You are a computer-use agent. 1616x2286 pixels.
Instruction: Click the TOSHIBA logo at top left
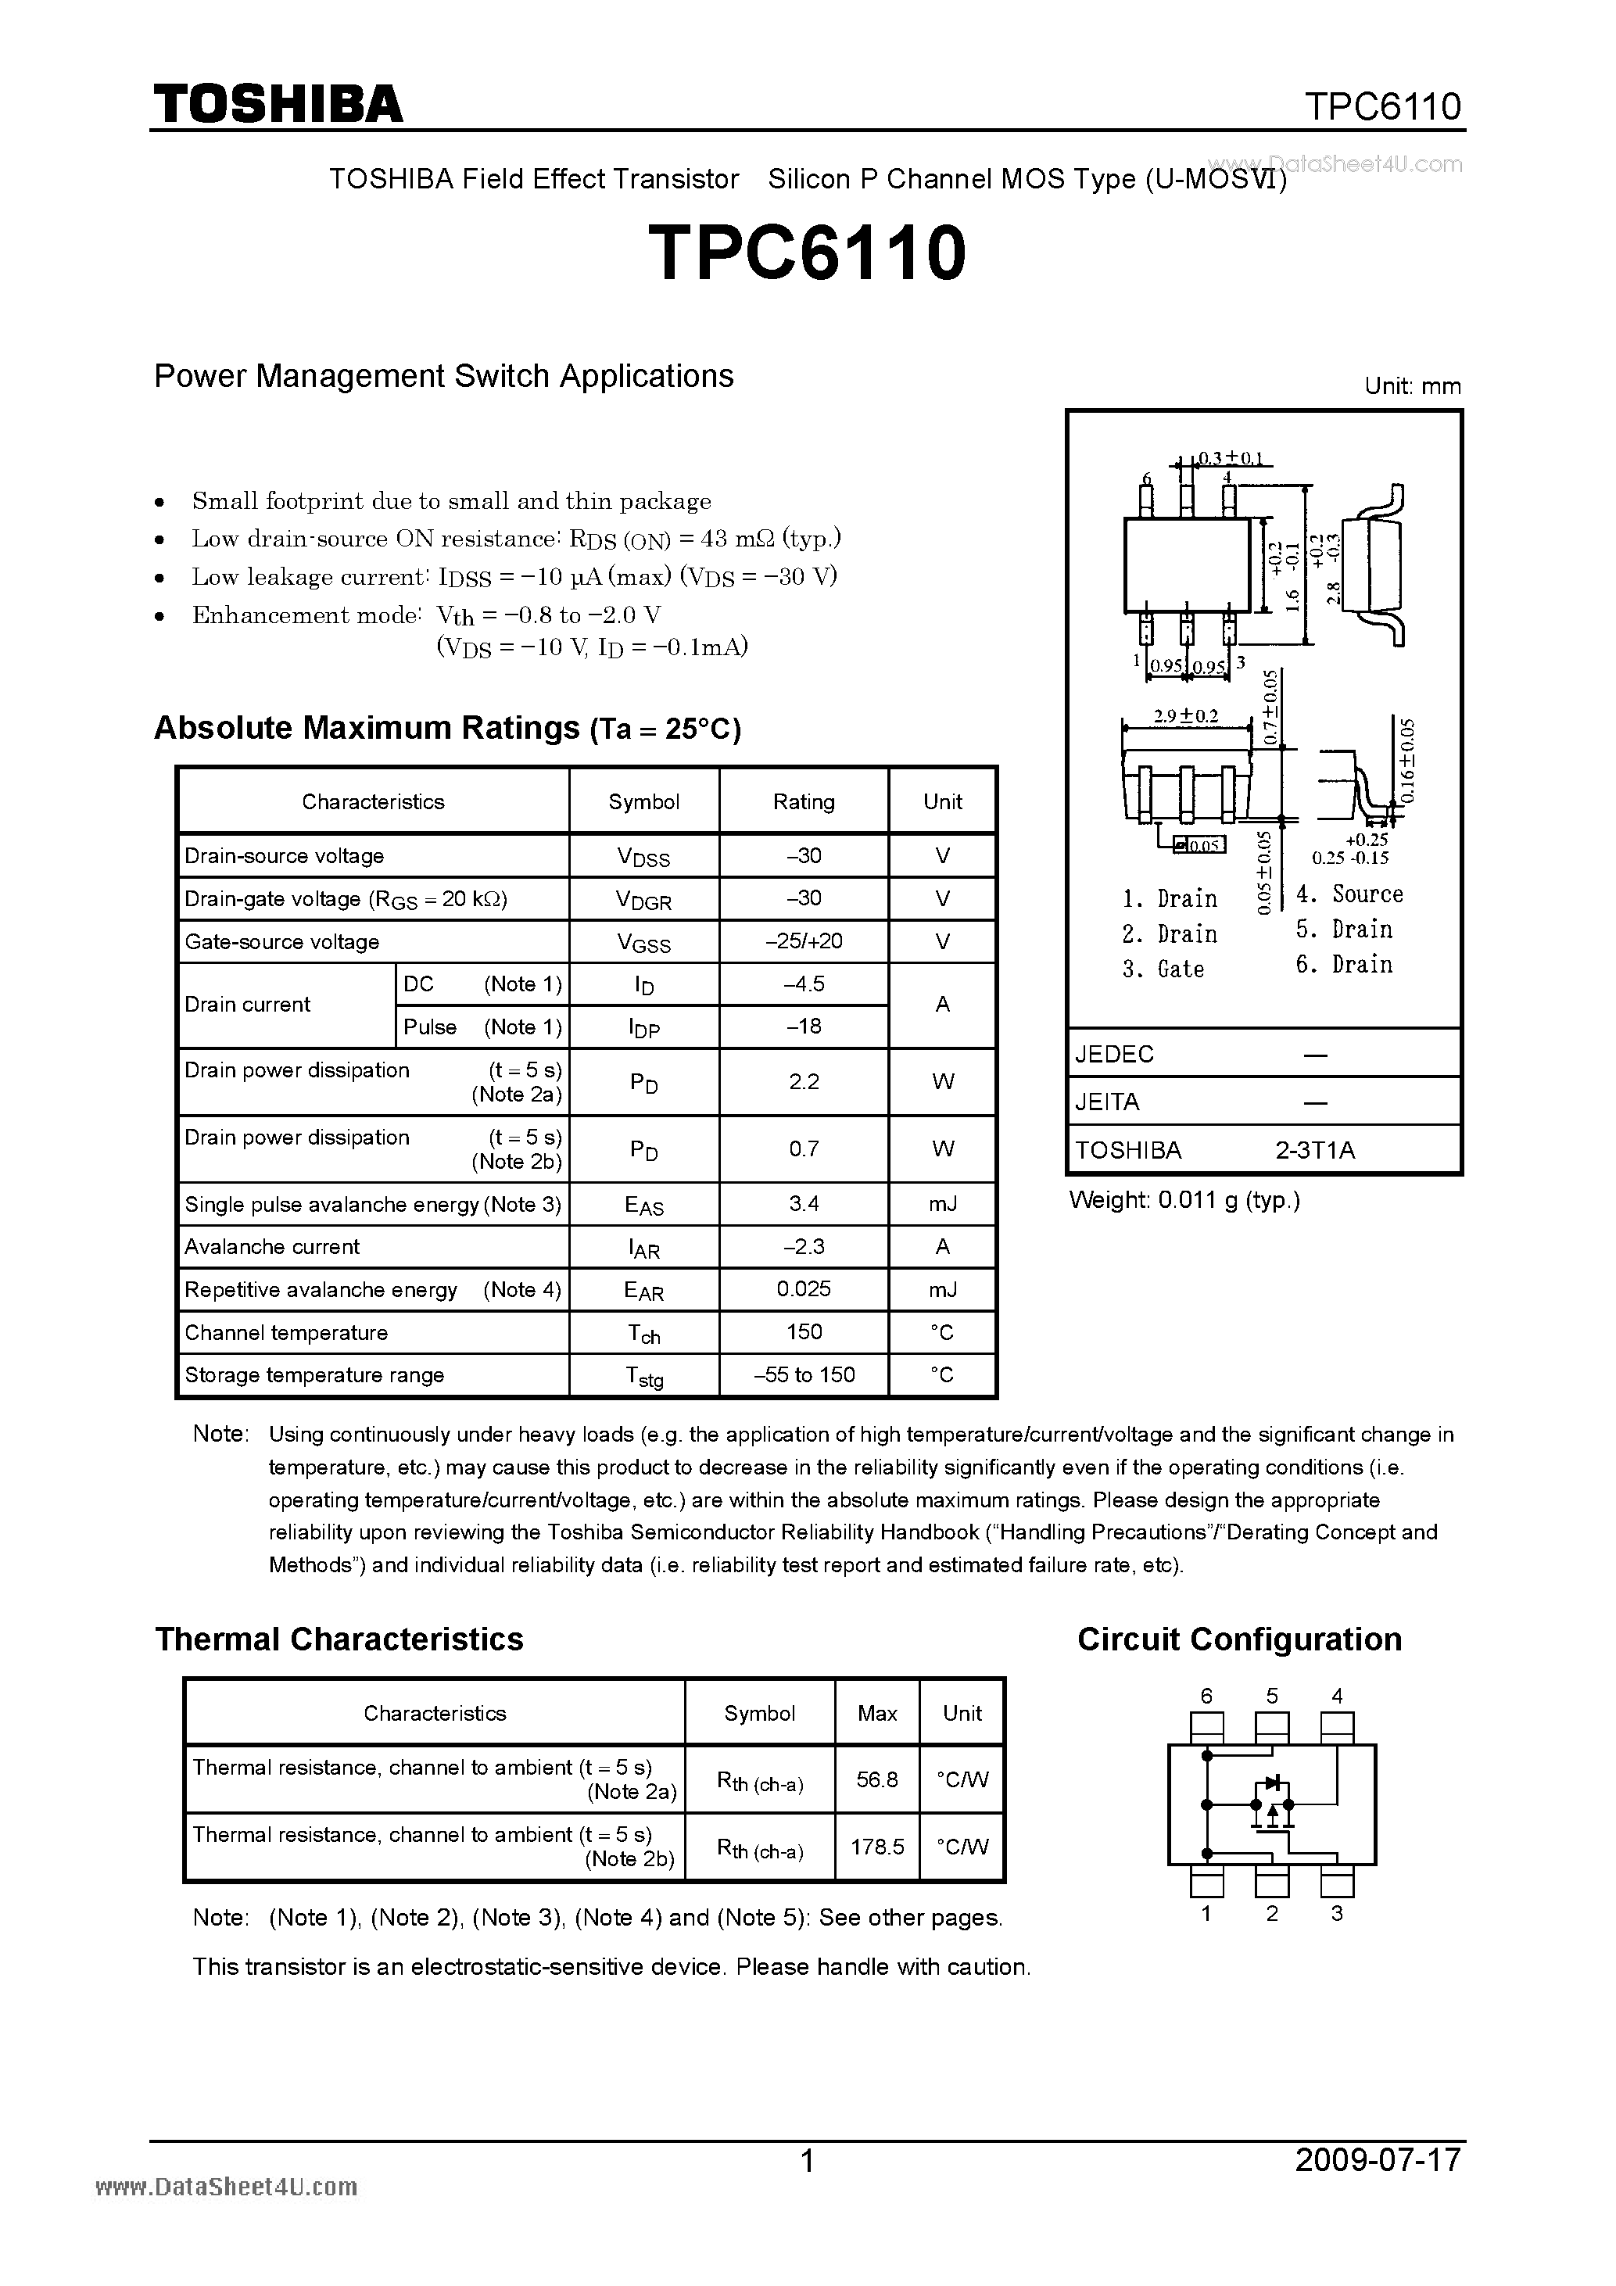(278, 103)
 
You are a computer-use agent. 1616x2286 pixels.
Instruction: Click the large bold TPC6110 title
(808, 253)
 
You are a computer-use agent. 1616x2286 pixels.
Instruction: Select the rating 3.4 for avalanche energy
(804, 1204)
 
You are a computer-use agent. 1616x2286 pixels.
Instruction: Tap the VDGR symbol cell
(643, 900)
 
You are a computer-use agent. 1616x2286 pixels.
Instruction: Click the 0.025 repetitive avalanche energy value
(804, 1288)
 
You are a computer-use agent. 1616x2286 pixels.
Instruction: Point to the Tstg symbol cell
(643, 1376)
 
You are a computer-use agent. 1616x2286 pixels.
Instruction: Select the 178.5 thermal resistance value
(876, 1847)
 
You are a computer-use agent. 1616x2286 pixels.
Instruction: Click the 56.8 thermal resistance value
(876, 1779)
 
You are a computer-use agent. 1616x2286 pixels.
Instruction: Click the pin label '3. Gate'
(1163, 969)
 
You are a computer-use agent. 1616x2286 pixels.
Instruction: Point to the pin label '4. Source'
(1349, 894)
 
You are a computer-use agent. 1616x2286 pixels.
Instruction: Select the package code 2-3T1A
(1314, 1150)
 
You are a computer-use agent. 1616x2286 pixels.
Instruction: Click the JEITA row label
(1107, 1102)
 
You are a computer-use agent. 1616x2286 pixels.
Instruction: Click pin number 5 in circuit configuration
(1271, 1696)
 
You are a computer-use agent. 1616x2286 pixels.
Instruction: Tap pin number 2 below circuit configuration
(1271, 1914)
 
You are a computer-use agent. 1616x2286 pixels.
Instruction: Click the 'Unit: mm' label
(1412, 386)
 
